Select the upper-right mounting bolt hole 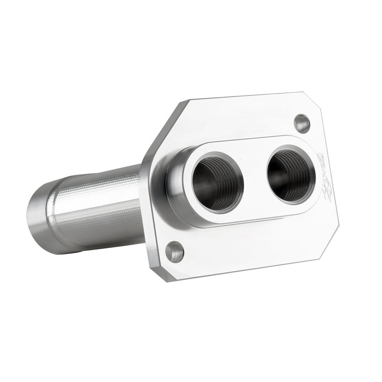(302, 123)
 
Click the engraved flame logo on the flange (324, 177)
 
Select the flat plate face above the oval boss (241, 121)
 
